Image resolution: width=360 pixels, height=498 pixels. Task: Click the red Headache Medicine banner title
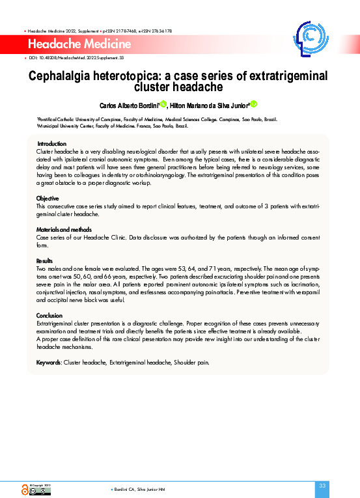80,44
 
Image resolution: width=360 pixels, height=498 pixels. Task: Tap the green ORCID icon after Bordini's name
163,104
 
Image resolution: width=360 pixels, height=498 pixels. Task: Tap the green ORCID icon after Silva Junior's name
254,104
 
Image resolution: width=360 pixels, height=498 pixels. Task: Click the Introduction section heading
51,143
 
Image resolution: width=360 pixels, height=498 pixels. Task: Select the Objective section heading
48,198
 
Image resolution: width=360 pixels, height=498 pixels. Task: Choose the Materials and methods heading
63,230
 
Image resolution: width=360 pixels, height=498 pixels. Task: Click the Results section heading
45,261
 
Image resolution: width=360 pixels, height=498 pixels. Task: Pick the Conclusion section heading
49,316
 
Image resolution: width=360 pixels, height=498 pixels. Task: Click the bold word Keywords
48,362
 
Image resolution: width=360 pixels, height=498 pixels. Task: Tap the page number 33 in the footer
322,486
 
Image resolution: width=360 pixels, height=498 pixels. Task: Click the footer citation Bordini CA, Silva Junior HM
139,489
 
